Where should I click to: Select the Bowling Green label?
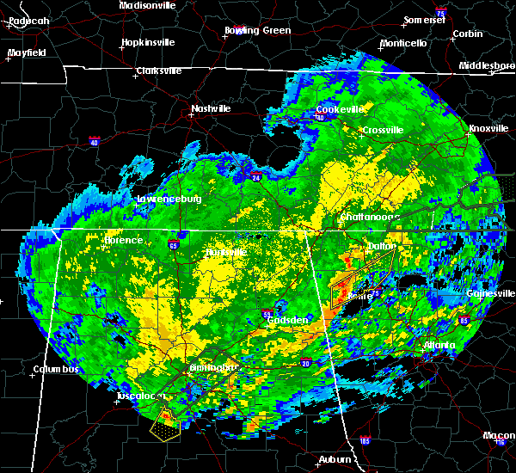(257, 30)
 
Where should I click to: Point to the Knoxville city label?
(488, 128)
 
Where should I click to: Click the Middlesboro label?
(488, 65)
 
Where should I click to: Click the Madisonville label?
(147, 4)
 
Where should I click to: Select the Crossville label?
(382, 130)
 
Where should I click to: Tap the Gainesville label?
(492, 293)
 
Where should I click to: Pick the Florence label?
(123, 241)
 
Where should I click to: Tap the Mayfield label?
(27, 52)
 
